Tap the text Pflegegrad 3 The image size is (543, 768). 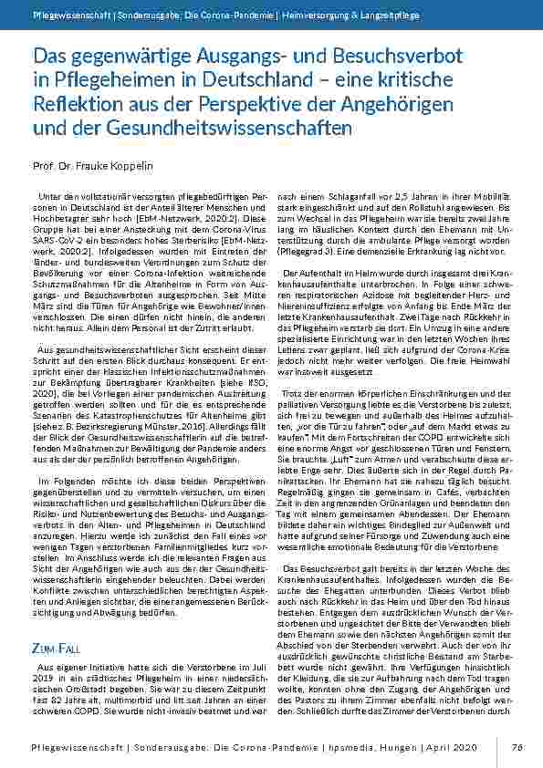(312, 252)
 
